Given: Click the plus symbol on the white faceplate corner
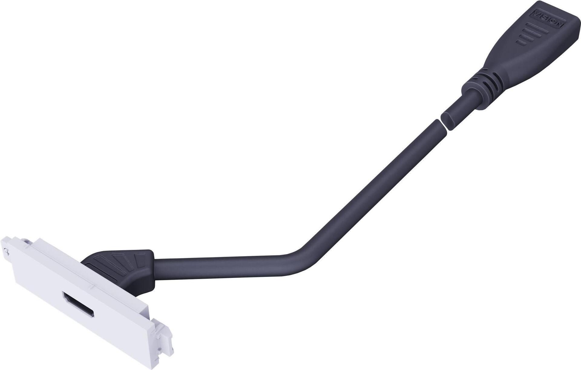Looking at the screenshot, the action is tap(8, 252).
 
